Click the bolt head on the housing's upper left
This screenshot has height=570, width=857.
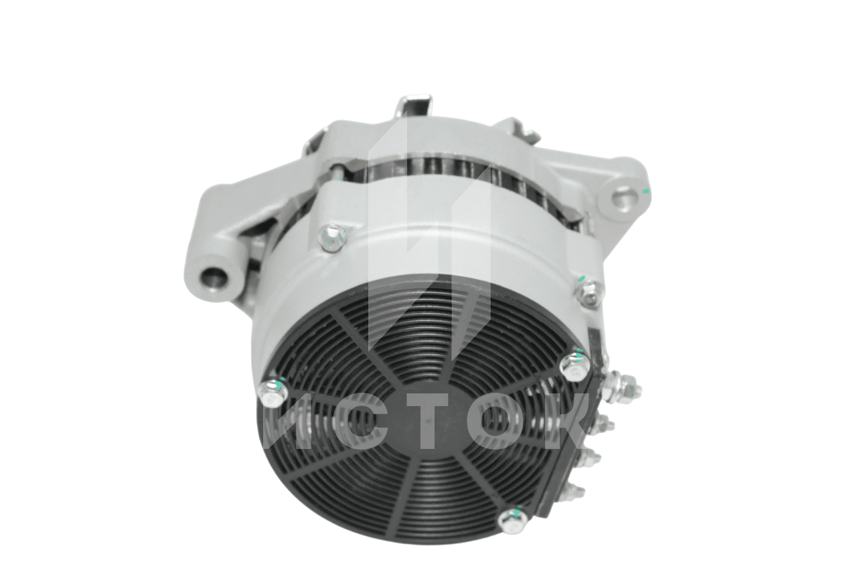point(332,237)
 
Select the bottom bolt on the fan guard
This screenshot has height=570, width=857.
point(513,520)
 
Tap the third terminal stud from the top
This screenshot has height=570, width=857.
point(590,458)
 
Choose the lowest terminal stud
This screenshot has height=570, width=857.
point(574,492)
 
